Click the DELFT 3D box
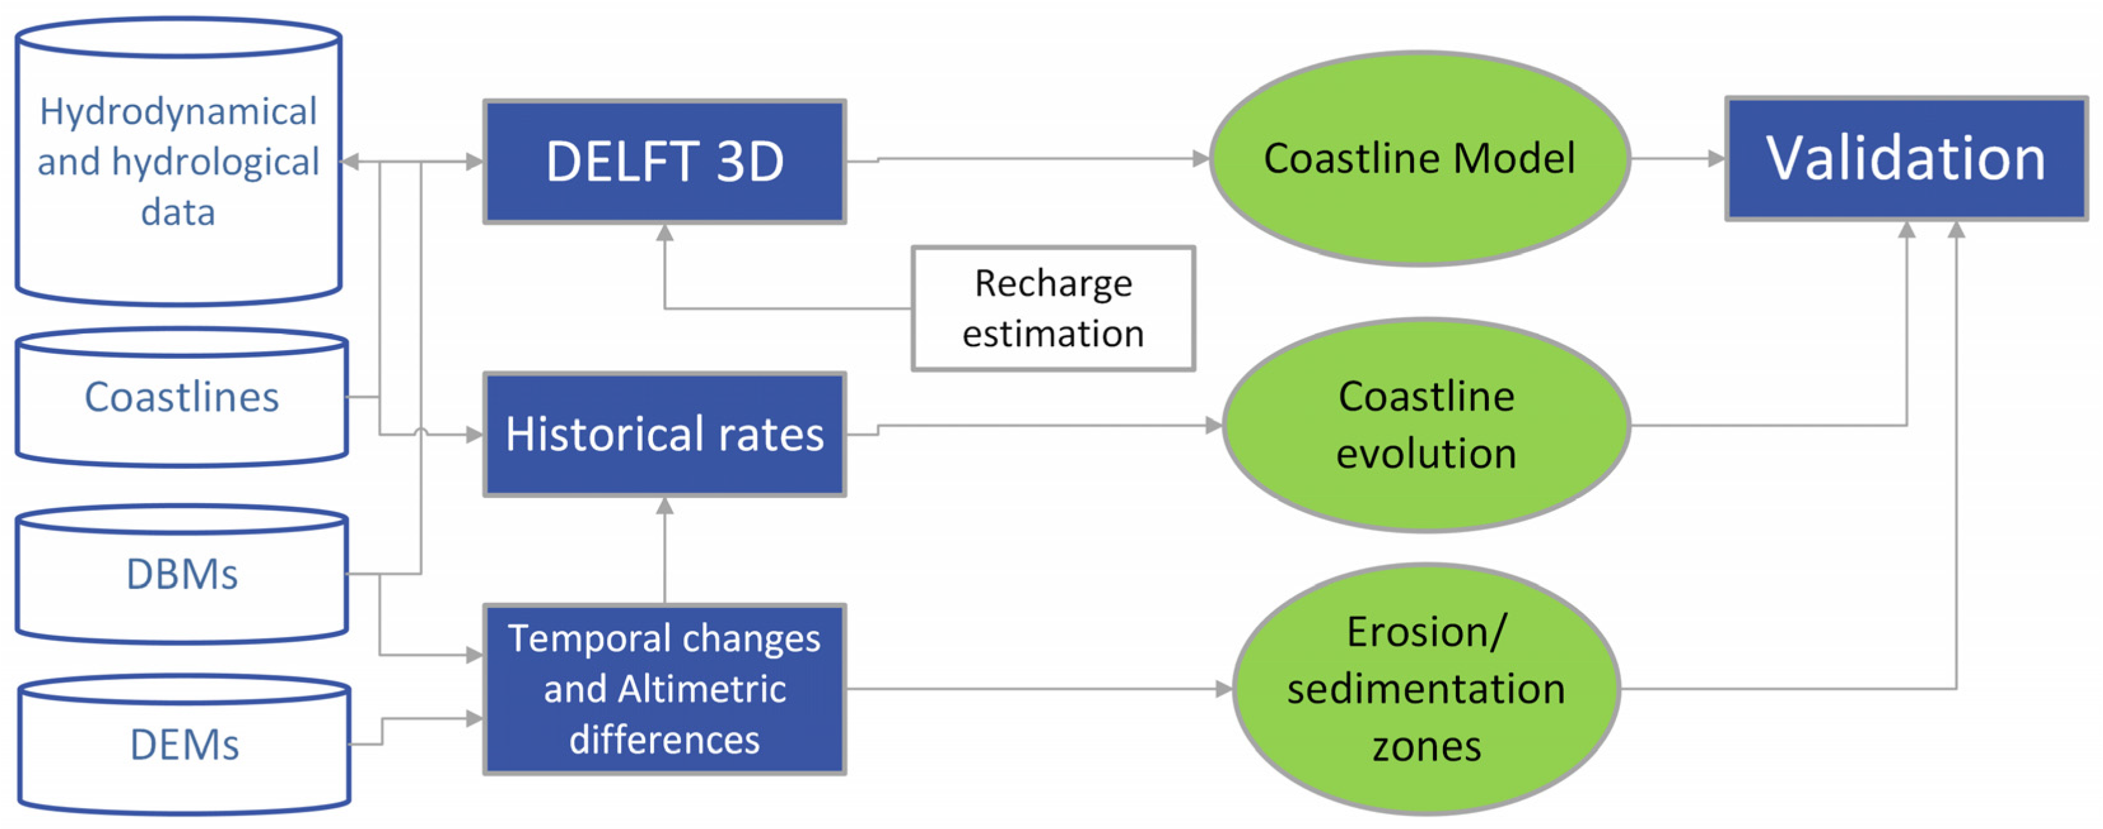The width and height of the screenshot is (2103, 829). click(664, 161)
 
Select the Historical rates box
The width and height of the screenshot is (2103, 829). click(664, 433)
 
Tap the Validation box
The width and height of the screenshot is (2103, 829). click(1905, 158)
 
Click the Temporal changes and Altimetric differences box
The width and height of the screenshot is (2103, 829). click(664, 689)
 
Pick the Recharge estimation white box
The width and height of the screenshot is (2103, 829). click(1053, 309)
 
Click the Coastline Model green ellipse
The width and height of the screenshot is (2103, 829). click(1419, 158)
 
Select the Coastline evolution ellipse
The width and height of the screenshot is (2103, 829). click(1425, 424)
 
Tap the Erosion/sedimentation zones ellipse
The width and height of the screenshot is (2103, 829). click(1425, 689)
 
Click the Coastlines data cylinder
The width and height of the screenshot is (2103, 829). click(181, 398)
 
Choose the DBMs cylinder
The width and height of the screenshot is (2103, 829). click(181, 574)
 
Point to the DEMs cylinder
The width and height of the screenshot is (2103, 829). click(184, 744)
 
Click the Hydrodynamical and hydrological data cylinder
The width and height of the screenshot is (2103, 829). click(178, 161)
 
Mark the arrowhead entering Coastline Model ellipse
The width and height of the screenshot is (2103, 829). click(1201, 158)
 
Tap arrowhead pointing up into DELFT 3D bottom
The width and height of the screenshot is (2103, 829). click(664, 233)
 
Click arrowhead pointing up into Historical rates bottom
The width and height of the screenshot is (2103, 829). click(664, 506)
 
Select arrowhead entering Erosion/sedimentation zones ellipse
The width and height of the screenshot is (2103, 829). click(1224, 689)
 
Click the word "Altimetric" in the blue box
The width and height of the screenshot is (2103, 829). click(701, 689)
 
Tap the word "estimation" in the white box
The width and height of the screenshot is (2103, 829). click(1053, 334)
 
